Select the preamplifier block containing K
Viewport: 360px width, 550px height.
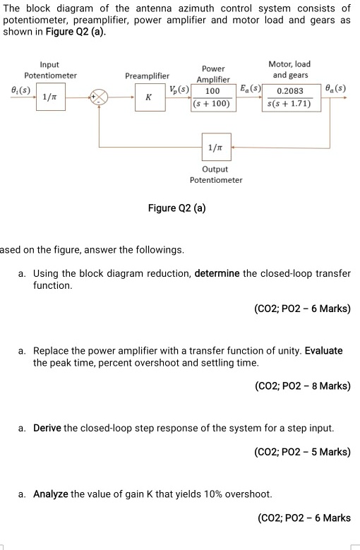[148, 97]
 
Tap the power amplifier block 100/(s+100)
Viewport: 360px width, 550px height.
[211, 97]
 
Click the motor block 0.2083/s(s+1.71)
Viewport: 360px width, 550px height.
[291, 97]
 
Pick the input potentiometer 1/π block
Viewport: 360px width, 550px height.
[49, 97]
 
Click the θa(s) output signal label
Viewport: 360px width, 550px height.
[336, 89]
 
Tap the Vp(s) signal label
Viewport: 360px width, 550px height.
[179, 90]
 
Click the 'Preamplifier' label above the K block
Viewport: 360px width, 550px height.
[147, 75]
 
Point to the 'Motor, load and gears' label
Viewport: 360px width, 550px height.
[289, 69]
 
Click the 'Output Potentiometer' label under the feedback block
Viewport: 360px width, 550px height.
[215, 174]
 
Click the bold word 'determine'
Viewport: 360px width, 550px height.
[217, 273]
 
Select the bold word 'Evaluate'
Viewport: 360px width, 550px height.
[324, 350]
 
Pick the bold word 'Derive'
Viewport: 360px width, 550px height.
[47, 428]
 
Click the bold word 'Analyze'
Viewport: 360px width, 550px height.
[51, 494]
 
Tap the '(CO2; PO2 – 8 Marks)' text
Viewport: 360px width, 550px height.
[302, 386]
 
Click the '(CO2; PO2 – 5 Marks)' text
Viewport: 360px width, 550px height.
[302, 452]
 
